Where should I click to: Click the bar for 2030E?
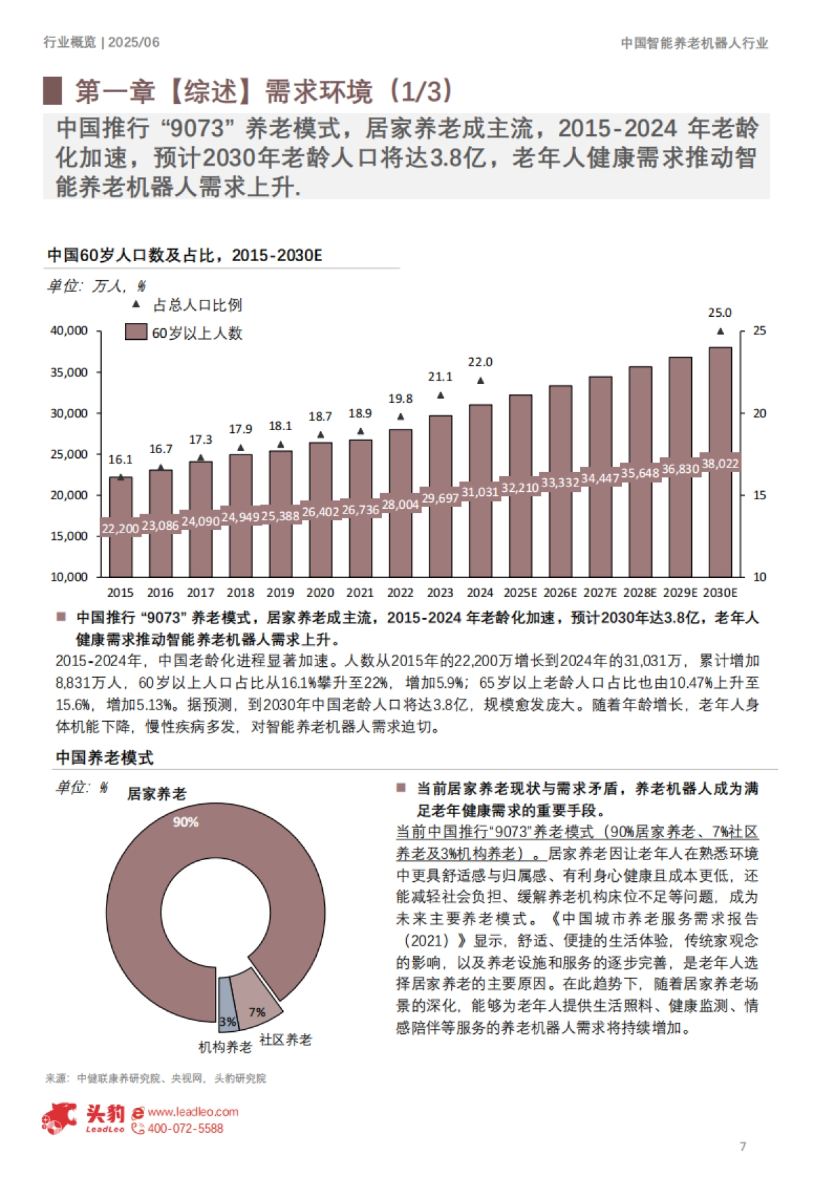(x=720, y=407)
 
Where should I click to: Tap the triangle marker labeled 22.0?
(x=480, y=381)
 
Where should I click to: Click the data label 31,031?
(x=480, y=492)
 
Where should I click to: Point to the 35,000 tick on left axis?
(x=69, y=372)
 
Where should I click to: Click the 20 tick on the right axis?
(x=759, y=413)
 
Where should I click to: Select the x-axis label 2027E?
(x=600, y=592)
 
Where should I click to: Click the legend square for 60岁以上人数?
(x=136, y=332)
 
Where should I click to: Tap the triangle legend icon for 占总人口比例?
(x=136, y=305)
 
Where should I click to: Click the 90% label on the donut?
(x=185, y=822)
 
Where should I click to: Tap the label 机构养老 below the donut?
(x=225, y=1047)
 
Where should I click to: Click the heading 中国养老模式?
(x=104, y=758)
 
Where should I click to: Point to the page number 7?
(x=743, y=1146)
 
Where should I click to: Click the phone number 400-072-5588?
(x=185, y=1128)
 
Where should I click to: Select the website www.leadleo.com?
(x=193, y=1112)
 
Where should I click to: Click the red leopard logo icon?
(x=60, y=1118)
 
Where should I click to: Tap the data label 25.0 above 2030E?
(x=720, y=313)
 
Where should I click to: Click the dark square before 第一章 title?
(x=52, y=90)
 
